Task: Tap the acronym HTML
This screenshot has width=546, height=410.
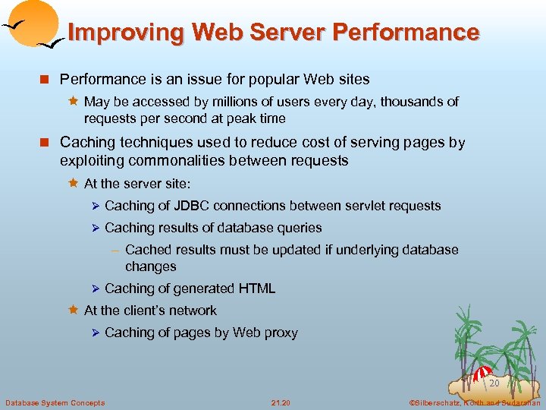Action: (x=257, y=289)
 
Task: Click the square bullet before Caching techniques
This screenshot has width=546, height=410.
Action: (x=48, y=143)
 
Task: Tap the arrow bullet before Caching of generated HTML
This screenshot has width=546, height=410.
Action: (x=96, y=289)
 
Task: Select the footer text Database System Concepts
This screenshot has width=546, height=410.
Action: (x=55, y=402)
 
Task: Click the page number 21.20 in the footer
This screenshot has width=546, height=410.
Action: (x=281, y=402)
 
